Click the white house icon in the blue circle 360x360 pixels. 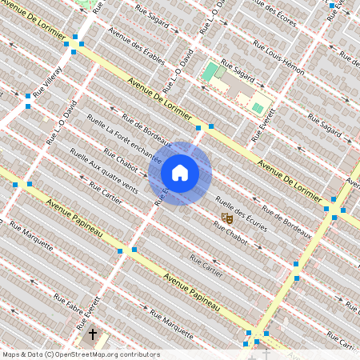180,172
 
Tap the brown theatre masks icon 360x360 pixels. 226,216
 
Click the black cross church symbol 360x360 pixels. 92,333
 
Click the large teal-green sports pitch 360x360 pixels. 210,72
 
